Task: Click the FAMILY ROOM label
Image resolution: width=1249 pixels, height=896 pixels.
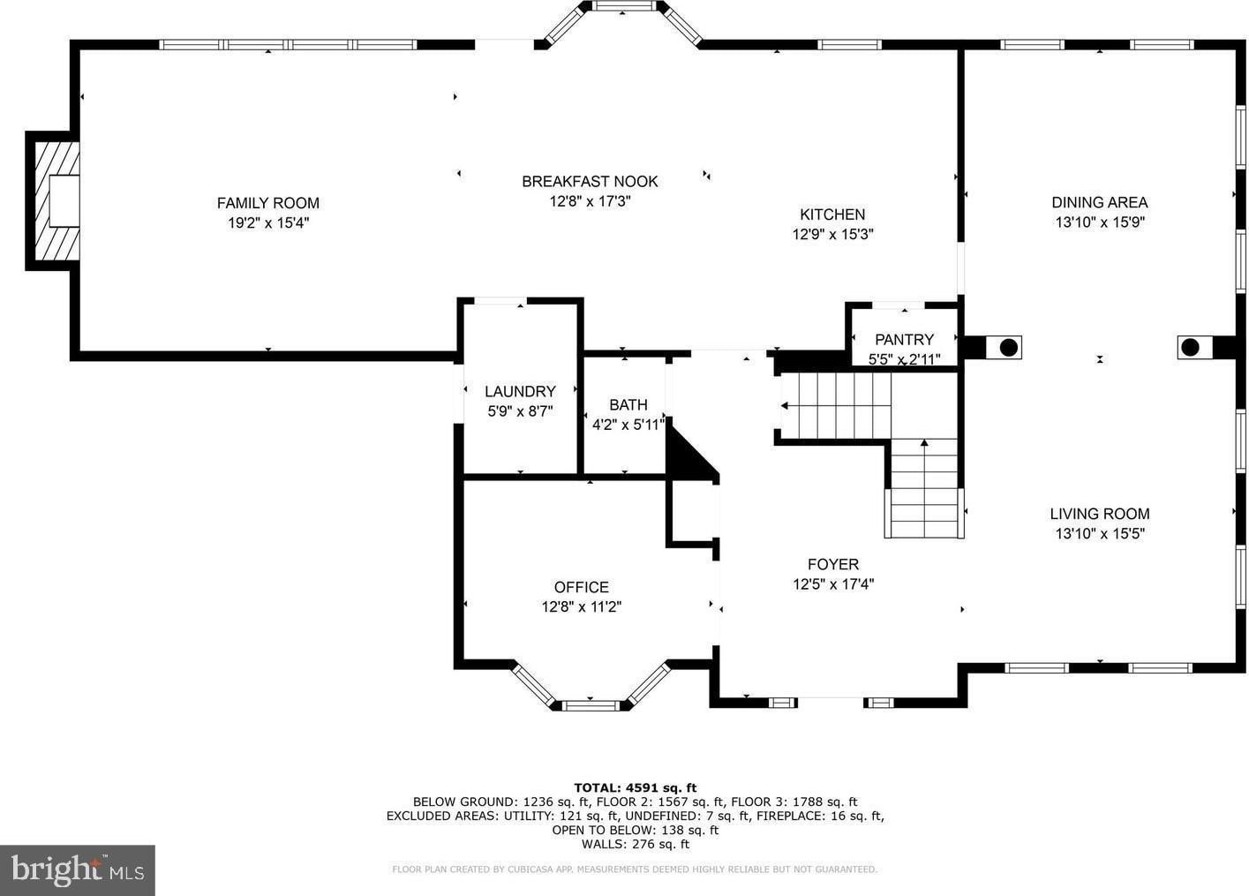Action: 268,203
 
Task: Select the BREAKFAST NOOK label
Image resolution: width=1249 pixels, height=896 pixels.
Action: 590,181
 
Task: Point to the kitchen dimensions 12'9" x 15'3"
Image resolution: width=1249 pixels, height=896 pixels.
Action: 832,234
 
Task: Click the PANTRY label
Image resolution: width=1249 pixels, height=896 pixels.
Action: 904,340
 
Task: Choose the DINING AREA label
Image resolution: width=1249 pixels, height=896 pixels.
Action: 1100,202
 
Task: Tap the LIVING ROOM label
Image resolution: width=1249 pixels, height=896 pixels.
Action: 1100,514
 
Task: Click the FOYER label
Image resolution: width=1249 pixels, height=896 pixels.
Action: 833,564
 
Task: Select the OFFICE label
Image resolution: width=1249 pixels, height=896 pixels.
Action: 581,587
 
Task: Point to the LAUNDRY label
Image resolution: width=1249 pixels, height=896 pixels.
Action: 520,391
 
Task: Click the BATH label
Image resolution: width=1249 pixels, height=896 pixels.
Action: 628,405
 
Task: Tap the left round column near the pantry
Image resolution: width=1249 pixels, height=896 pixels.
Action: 1009,348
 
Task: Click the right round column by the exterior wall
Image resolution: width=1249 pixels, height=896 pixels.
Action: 1190,347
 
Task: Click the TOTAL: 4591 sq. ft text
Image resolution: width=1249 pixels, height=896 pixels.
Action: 636,787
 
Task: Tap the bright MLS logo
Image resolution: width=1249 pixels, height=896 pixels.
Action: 78,870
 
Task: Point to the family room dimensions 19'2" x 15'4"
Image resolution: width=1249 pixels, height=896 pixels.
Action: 268,223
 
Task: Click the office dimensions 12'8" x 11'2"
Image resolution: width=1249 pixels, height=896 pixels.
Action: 581,606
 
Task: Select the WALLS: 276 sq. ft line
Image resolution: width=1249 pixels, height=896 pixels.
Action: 636,844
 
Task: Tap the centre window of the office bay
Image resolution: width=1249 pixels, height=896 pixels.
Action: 590,706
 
